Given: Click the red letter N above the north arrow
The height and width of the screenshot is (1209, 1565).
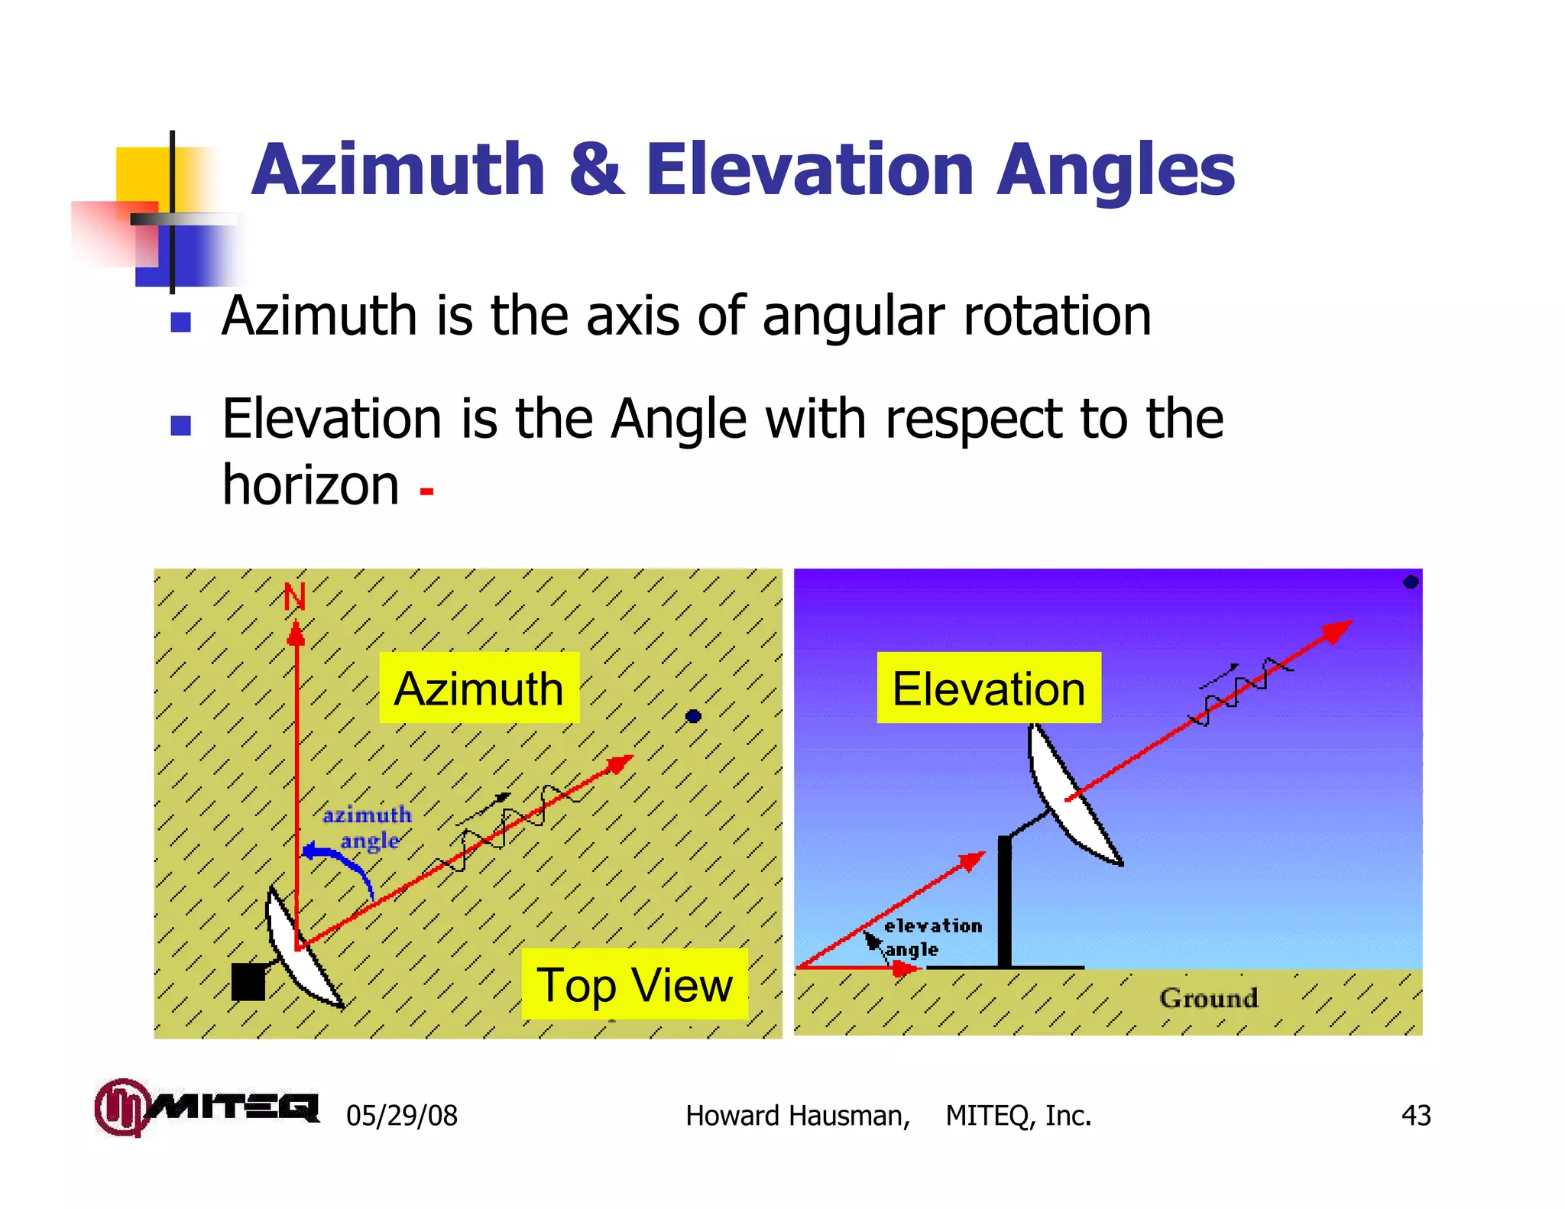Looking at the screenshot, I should point(294,598).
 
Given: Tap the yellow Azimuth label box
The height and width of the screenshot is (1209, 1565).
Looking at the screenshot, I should point(479,688).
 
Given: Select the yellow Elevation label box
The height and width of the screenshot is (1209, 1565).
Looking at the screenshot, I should point(988,688).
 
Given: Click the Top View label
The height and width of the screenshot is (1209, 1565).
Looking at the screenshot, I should point(634,984).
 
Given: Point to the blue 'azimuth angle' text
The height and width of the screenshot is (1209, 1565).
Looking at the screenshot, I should point(368,828).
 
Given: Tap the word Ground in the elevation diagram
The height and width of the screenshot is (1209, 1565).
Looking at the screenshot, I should point(1208,998).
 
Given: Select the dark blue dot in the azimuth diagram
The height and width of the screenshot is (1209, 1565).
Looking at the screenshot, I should point(693,716).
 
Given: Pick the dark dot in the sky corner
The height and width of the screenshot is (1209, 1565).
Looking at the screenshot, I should point(1411,582).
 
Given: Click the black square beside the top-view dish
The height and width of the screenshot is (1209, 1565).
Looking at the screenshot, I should point(248,981).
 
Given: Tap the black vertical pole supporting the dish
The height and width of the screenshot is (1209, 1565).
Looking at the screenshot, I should point(1004,902).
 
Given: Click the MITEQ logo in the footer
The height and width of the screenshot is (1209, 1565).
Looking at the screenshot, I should point(206,1107).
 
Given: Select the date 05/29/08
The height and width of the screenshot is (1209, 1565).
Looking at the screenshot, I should point(401,1116).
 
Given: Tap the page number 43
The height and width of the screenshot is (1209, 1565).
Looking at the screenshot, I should point(1415,1116).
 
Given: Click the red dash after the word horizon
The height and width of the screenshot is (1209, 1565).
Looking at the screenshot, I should point(426,491).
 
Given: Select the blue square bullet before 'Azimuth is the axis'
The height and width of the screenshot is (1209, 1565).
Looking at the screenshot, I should point(180,322).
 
